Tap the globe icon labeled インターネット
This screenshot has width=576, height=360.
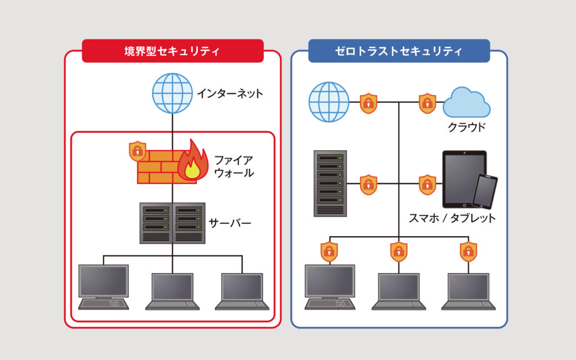172,93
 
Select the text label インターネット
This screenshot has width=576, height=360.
229,93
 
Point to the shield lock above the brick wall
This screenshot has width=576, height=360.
137,151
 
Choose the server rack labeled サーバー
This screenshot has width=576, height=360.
172,223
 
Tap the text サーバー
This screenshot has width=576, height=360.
230,223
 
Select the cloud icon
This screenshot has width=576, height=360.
466,102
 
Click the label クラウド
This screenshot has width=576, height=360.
466,127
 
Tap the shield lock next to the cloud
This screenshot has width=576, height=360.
427,103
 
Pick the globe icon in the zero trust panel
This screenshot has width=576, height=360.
329,102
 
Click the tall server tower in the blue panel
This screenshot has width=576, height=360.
330,183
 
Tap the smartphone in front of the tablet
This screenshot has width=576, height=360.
484,191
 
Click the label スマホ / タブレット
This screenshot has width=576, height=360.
452,218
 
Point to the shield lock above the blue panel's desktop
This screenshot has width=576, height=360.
329,251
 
